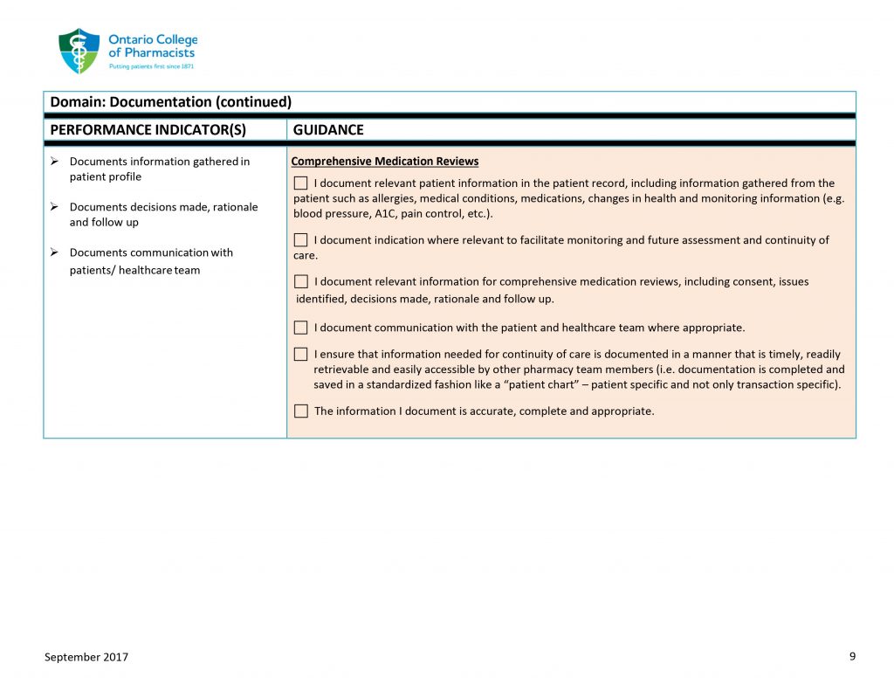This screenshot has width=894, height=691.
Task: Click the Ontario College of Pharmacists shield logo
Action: click(79, 51)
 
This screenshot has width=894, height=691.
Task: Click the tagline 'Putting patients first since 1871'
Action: click(151, 66)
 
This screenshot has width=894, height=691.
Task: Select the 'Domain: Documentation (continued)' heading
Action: click(170, 102)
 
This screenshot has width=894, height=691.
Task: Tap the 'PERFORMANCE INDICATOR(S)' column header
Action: click(148, 129)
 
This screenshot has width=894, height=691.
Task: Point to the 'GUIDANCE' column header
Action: click(328, 129)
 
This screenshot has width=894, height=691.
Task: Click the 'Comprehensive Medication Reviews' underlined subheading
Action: click(384, 162)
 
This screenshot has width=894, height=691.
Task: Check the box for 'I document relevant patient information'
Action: click(301, 183)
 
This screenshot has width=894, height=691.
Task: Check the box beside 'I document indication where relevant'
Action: click(301, 239)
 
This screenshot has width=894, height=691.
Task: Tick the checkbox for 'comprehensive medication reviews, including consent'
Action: click(301, 281)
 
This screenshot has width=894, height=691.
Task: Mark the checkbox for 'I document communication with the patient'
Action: click(301, 328)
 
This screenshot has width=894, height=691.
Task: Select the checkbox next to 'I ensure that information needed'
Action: click(301, 354)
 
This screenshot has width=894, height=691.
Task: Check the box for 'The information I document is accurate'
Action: click(301, 411)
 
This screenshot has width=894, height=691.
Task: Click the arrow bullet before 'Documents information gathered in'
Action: click(55, 162)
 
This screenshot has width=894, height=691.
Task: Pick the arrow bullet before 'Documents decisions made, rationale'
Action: click(55, 207)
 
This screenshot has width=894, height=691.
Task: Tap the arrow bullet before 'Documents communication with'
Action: click(55, 252)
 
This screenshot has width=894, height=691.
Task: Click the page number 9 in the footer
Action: click(852, 656)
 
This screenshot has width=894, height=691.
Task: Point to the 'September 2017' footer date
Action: click(86, 657)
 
